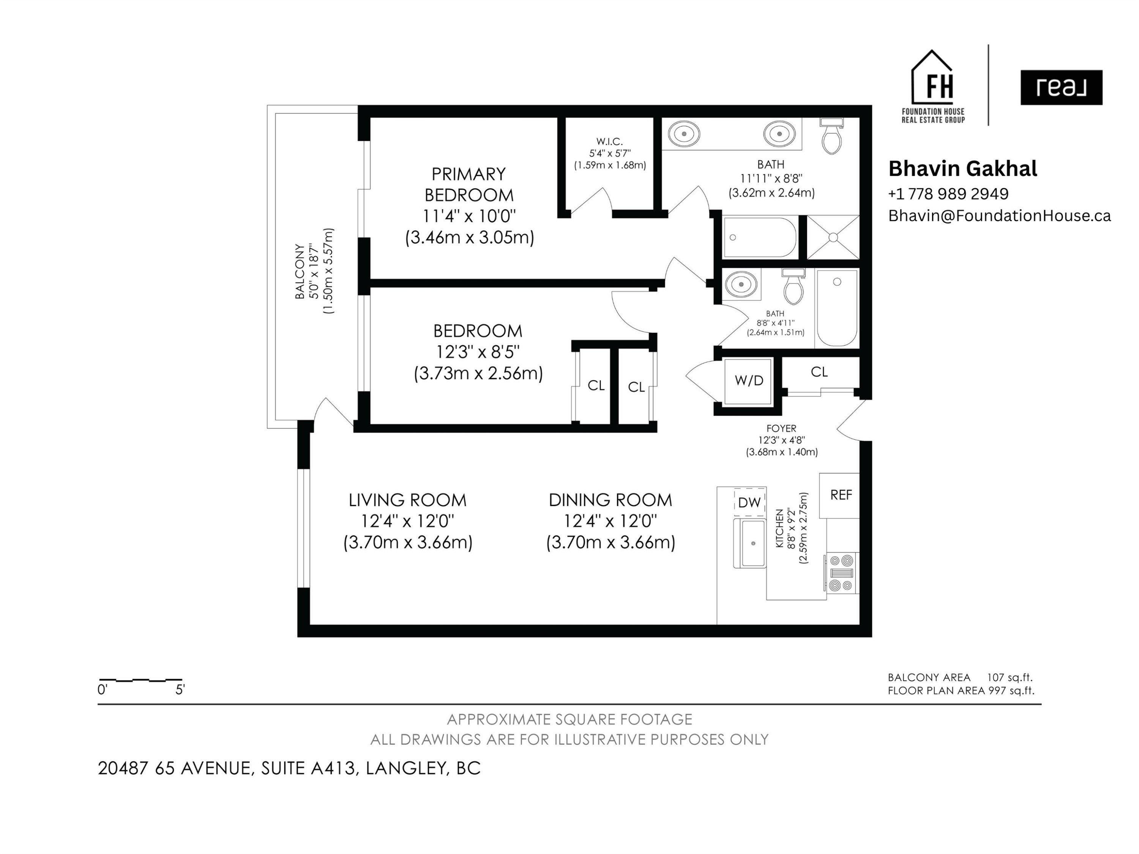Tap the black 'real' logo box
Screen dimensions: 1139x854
(x=1061, y=88)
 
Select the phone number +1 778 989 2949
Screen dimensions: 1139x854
(x=948, y=194)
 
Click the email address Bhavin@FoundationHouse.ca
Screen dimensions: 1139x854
(x=999, y=216)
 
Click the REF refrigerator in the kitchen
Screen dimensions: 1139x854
(x=839, y=495)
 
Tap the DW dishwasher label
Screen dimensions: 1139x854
(x=749, y=503)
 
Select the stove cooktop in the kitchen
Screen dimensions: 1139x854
(x=841, y=573)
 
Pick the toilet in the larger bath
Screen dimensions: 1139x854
(x=831, y=136)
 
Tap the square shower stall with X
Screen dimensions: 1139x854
(x=833, y=237)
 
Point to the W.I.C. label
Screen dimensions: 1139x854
(x=610, y=142)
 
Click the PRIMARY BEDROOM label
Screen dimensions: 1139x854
(x=469, y=185)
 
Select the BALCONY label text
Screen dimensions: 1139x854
(x=299, y=271)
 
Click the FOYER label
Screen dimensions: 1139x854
(x=781, y=428)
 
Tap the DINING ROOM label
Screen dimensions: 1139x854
(x=611, y=500)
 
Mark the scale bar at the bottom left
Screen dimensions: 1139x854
(x=140, y=680)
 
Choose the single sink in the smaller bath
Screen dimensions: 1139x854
(x=741, y=284)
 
